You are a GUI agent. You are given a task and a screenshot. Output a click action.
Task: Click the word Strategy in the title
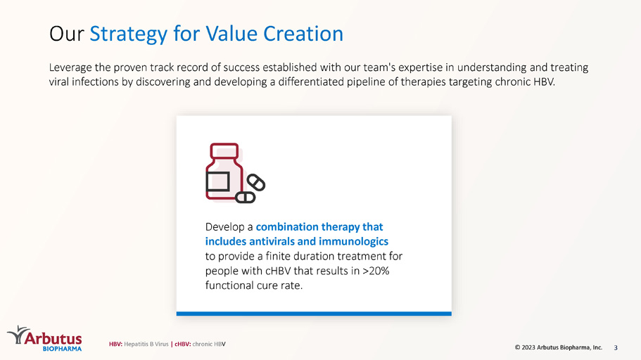(128, 34)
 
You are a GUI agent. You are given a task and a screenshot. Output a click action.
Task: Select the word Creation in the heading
(303, 34)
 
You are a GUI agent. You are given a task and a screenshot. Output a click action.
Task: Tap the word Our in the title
(66, 34)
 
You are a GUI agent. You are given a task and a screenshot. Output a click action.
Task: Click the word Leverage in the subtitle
(70, 67)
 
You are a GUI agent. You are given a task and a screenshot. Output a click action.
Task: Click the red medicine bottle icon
(224, 172)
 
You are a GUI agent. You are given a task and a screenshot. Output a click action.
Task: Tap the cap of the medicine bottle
(224, 150)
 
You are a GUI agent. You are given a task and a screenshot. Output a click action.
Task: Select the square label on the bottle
(217, 181)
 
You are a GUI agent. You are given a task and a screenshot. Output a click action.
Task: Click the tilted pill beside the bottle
(256, 182)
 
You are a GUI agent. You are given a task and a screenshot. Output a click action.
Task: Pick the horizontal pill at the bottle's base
(246, 198)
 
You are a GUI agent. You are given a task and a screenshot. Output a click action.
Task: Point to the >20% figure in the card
(376, 271)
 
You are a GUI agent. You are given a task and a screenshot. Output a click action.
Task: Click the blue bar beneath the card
(314, 314)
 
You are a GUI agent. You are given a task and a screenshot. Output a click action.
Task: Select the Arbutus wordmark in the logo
(53, 338)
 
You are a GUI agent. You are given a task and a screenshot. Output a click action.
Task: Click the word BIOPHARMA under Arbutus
(62, 349)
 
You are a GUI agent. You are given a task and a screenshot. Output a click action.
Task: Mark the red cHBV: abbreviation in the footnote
(183, 344)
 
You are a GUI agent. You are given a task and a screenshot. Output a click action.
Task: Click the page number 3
(616, 348)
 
